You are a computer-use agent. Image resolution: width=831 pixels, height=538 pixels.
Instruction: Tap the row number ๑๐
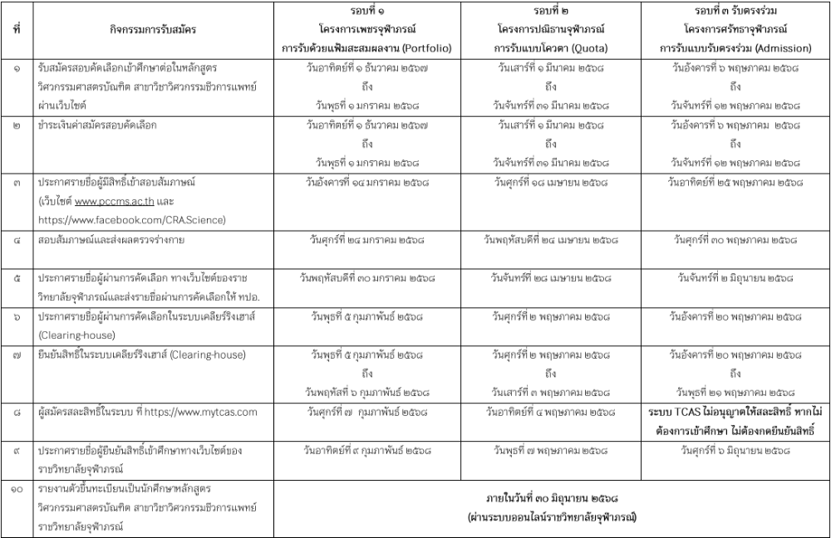(x=17, y=488)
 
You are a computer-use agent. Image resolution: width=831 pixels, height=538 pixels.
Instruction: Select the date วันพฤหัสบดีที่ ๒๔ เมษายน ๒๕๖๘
(x=549, y=240)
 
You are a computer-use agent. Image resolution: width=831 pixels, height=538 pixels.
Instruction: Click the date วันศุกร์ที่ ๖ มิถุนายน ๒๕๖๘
(x=735, y=449)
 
